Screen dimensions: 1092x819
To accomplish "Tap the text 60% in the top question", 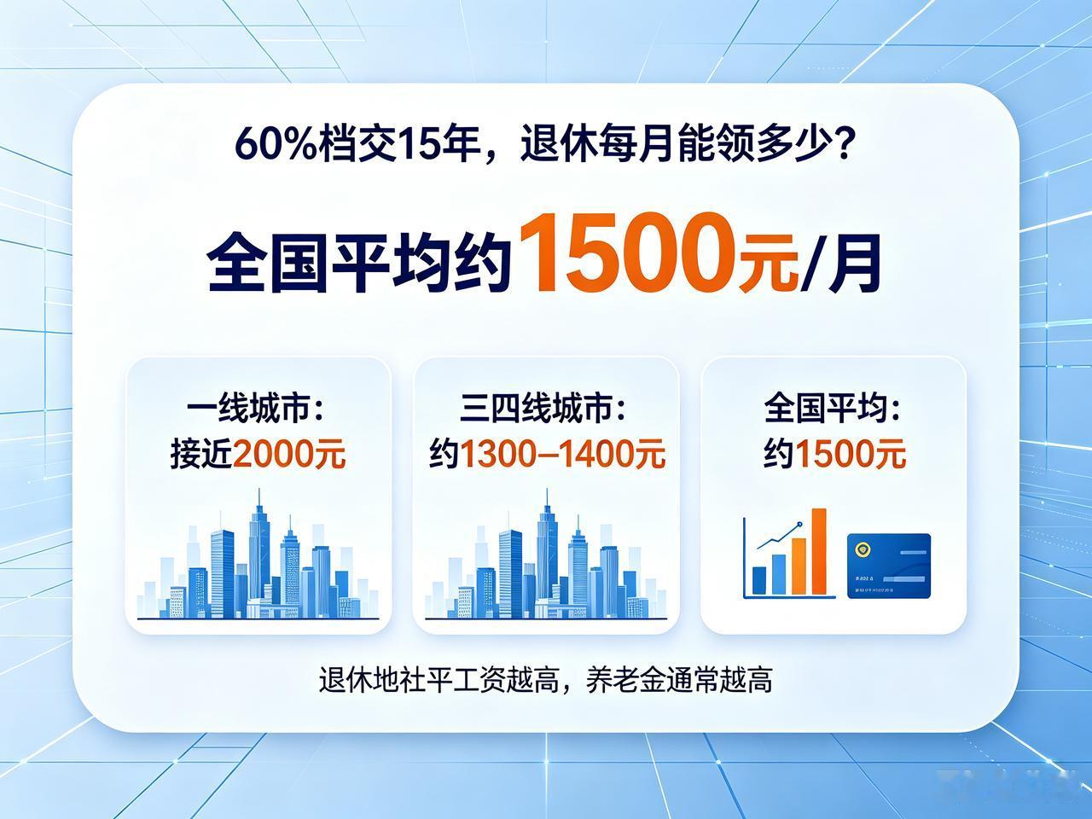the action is click(276, 144).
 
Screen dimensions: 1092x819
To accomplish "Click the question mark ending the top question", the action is click(843, 143).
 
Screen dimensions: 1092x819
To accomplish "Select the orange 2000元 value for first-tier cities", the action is click(288, 454).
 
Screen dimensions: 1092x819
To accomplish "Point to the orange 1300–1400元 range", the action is click(562, 454).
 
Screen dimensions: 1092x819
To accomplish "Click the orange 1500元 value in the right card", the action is click(850, 454).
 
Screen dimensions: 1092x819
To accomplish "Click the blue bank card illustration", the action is click(888, 566).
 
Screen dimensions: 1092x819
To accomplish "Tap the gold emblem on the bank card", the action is click(861, 549).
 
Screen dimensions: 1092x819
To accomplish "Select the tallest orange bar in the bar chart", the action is click(819, 551).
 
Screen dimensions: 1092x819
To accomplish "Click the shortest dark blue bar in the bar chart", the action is click(759, 580).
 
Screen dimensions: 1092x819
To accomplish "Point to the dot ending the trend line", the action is click(799, 524).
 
